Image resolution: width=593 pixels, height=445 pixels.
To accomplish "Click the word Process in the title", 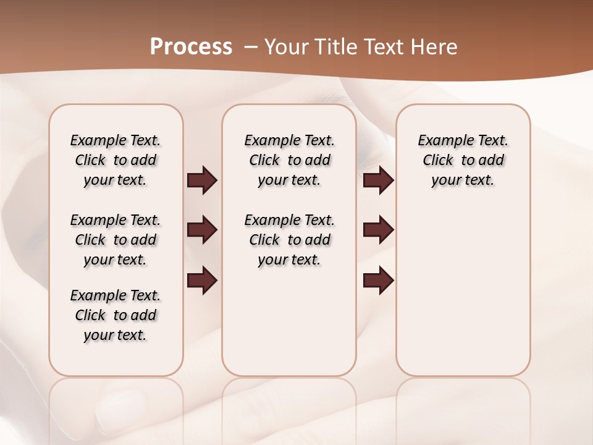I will click(191, 47).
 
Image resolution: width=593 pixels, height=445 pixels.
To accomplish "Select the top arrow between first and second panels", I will click(202, 180).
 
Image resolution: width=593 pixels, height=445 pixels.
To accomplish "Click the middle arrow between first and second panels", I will click(202, 230).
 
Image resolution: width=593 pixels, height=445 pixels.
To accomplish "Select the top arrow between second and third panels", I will click(379, 180).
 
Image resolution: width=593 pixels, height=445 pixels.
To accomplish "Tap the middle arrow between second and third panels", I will click(379, 230).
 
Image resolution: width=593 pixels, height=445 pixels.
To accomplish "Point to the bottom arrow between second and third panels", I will click(379, 279).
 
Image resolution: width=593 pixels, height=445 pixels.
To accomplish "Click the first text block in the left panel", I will click(116, 160).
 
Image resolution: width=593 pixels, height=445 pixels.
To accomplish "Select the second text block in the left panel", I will click(116, 240).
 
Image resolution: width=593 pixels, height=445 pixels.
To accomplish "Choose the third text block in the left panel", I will click(116, 315).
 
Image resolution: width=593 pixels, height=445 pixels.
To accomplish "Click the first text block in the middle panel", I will click(289, 160).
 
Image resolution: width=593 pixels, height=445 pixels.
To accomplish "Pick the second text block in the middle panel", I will click(289, 240).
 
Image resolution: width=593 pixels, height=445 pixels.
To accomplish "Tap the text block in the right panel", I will click(463, 160).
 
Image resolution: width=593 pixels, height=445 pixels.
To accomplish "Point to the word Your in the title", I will click(288, 47).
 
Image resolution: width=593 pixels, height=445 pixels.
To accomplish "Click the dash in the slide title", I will click(251, 47).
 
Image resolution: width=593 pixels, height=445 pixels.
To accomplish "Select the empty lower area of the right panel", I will click(463, 290).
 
